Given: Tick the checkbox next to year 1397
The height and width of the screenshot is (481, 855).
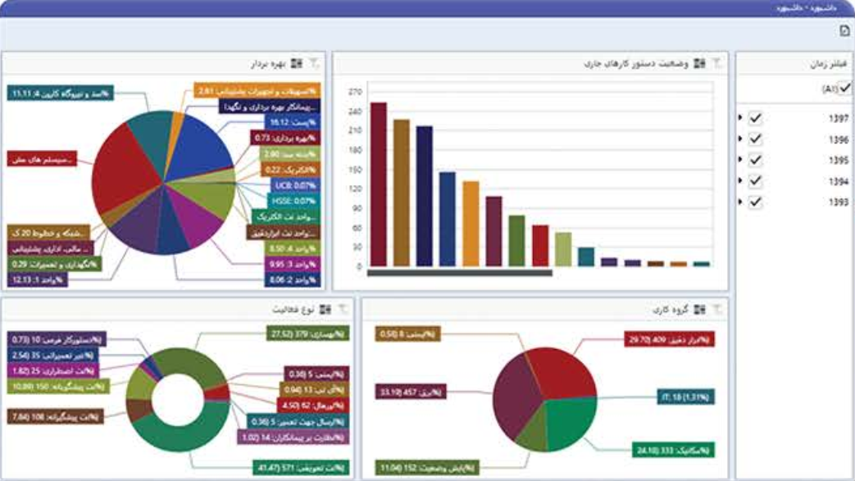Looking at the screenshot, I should click(756, 118).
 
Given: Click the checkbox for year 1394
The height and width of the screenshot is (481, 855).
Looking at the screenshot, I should click(756, 181).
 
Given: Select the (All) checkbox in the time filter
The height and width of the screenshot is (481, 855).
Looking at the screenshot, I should click(845, 87).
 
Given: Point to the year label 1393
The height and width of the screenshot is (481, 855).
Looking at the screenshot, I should click(838, 202).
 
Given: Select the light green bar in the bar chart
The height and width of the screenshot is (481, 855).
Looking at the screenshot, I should click(562, 249).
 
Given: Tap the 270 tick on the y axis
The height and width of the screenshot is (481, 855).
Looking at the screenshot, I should click(354, 91).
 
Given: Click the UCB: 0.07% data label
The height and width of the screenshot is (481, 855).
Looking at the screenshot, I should click(295, 185).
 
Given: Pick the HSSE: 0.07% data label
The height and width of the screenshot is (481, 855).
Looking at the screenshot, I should click(294, 200).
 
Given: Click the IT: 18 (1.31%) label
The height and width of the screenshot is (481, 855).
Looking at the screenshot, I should click(686, 397).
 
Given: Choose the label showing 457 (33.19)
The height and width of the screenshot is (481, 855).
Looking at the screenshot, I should click(410, 393).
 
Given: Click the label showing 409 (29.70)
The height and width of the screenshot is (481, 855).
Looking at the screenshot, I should click(669, 339).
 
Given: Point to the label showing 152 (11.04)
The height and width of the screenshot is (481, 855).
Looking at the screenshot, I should click(411, 467).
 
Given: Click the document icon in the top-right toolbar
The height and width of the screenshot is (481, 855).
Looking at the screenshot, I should click(844, 31).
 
